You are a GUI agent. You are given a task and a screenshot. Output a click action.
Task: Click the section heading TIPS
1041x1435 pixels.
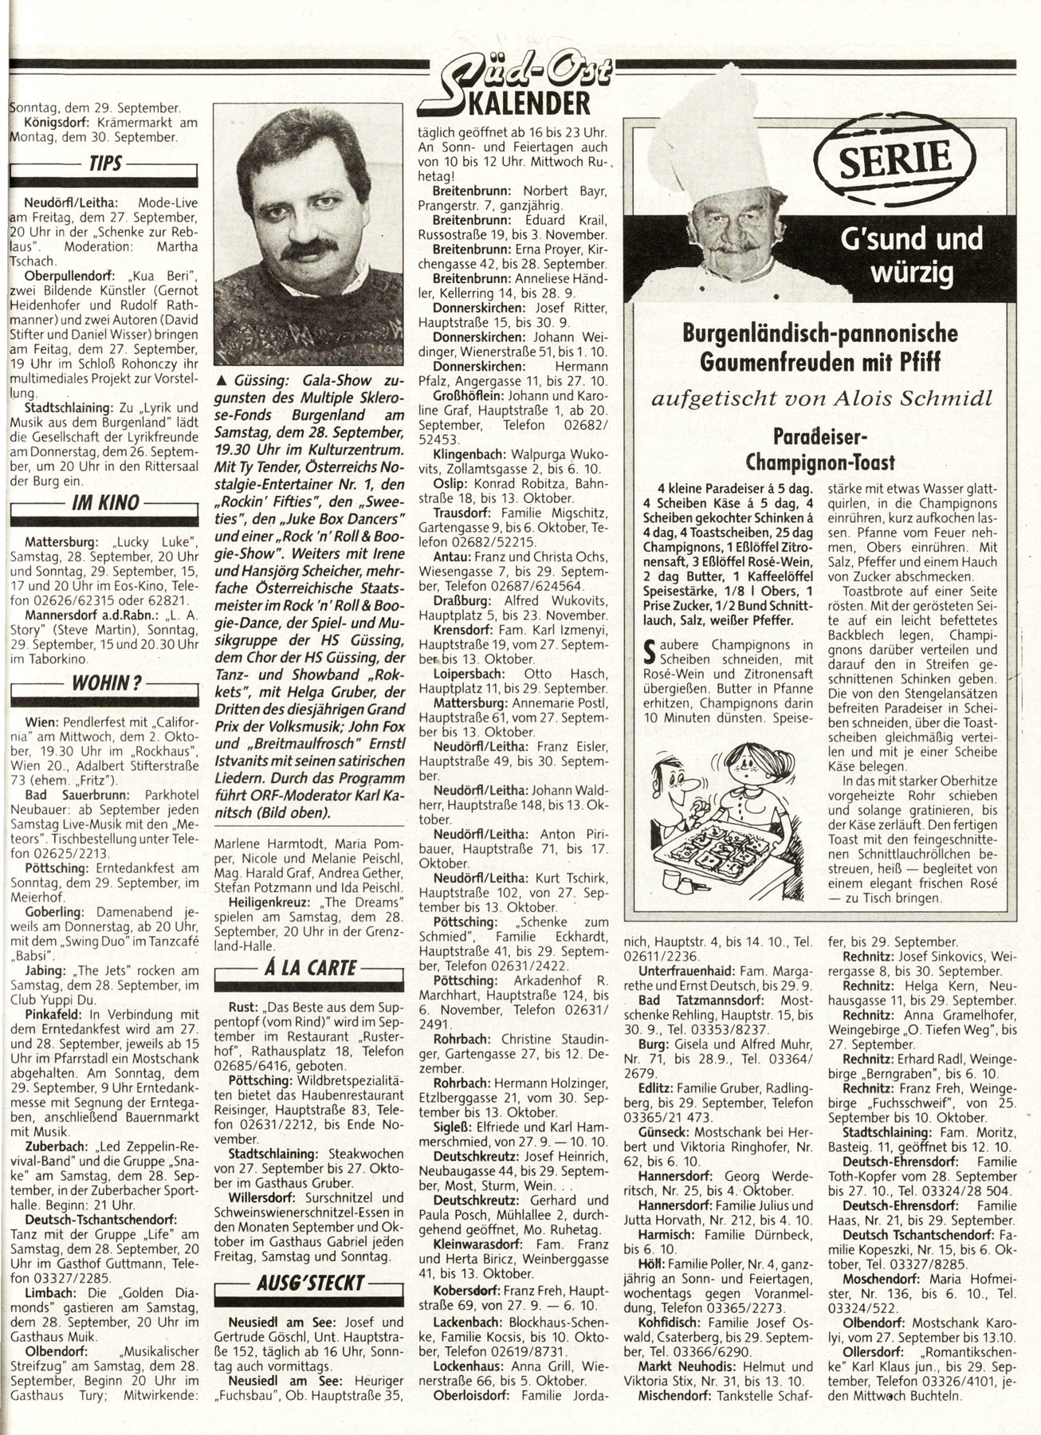[106, 164]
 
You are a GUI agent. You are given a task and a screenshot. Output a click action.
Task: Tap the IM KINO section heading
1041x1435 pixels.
[107, 502]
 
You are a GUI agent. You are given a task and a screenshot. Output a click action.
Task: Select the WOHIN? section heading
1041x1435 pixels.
[107, 682]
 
